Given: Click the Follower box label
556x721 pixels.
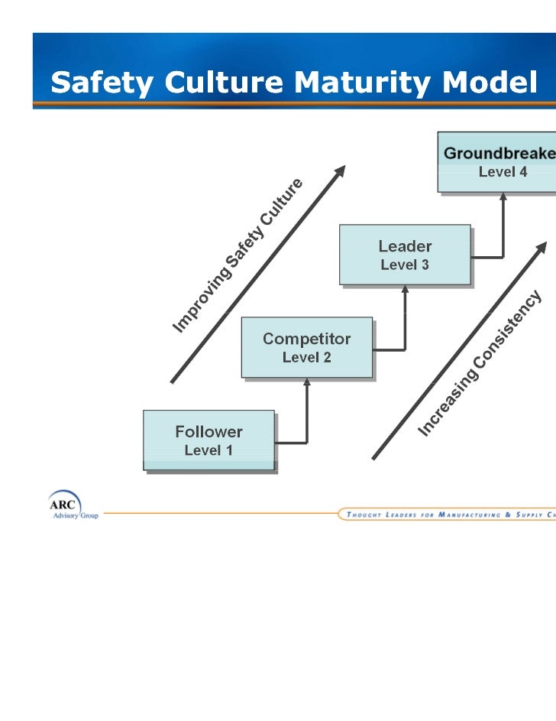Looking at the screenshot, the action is click(208, 431).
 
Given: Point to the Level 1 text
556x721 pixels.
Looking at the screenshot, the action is click(208, 450).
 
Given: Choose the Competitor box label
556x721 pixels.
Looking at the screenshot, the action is click(307, 339).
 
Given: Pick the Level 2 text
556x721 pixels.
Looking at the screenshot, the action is click(307, 357).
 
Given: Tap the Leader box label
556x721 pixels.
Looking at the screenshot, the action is click(405, 246).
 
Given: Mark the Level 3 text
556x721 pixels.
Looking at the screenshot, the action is click(405, 265).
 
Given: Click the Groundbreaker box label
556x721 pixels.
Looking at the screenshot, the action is click(499, 154).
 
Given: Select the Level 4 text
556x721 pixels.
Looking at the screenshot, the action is click(503, 172).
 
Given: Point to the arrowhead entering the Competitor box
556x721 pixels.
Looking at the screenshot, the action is click(307, 384).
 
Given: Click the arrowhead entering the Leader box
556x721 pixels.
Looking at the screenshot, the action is click(405, 291).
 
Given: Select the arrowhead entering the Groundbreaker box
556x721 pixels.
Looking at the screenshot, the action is click(503, 197).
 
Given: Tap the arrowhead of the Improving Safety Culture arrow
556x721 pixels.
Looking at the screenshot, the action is click(340, 171).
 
